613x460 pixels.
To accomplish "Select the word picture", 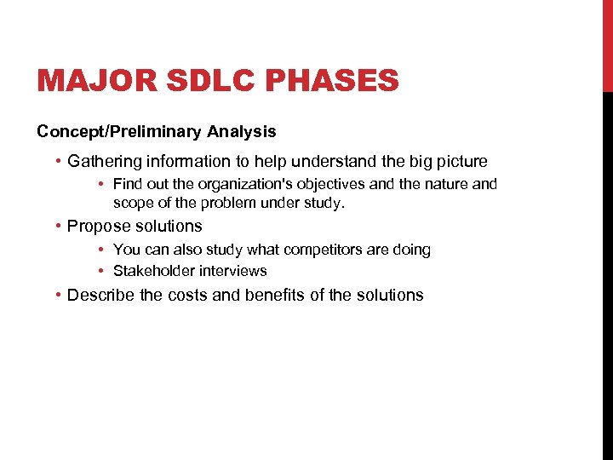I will pyautogui.click(x=461, y=161).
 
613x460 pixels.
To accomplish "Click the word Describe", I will pyautogui.click(x=100, y=295).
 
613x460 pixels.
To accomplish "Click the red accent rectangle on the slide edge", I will pyautogui.click(x=607, y=46).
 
